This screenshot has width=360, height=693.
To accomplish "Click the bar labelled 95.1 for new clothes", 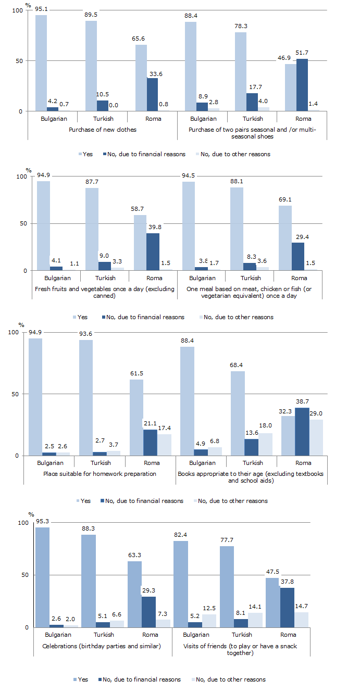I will tap(41, 63).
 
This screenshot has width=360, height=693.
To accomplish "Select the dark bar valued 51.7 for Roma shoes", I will tap(302, 85).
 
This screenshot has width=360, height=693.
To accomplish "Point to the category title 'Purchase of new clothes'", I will tap(103, 130).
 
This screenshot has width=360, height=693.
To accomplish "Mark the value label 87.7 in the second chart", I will tap(92, 182).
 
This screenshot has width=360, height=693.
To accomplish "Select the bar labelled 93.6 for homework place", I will tap(86, 398).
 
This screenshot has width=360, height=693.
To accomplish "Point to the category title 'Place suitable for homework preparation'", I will tap(99, 474).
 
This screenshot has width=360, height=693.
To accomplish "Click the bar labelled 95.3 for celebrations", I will tap(42, 577).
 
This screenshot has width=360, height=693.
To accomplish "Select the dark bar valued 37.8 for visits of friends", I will tap(288, 608).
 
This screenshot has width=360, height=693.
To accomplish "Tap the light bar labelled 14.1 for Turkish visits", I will tap(256, 620).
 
